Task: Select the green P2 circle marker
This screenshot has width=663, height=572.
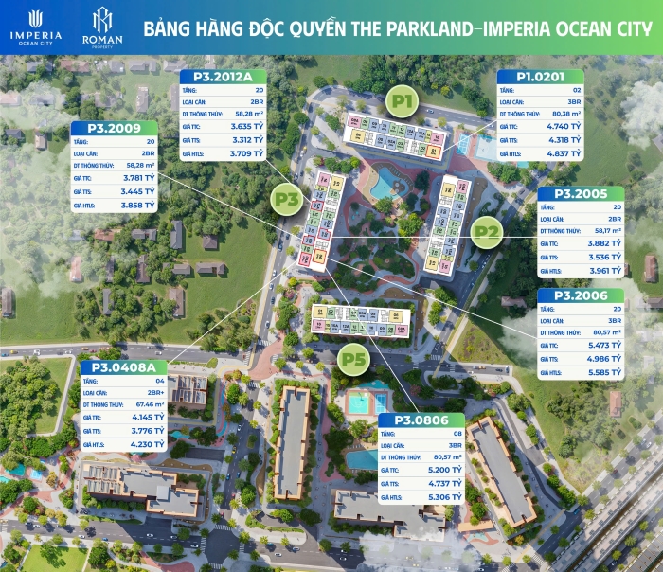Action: (487, 231)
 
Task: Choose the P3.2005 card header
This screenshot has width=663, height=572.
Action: (581, 194)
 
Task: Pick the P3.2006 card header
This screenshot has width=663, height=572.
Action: (581, 296)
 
